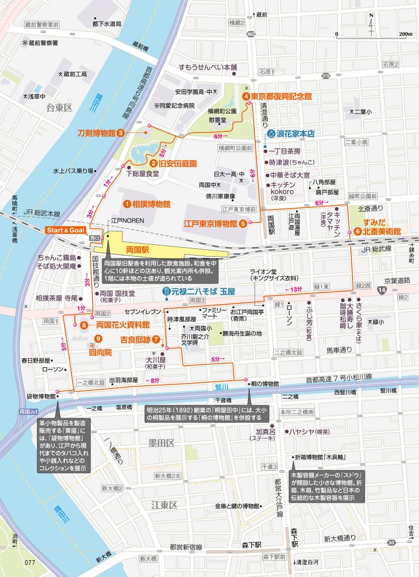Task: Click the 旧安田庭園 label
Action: coord(178,164)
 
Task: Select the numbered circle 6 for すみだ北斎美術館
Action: coord(350,231)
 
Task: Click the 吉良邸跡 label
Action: coord(136,339)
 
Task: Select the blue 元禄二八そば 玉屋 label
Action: coord(203,291)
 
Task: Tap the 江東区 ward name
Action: coord(164,505)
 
